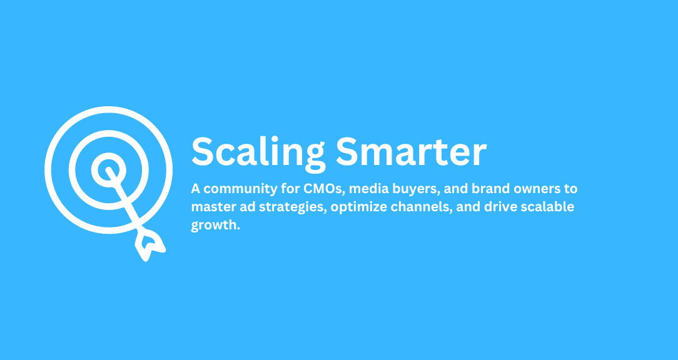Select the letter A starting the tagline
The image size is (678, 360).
click(195, 189)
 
